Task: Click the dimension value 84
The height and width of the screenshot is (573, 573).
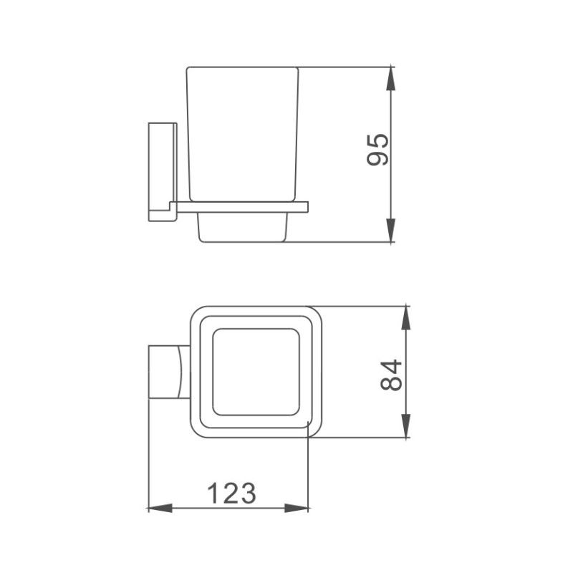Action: (393, 374)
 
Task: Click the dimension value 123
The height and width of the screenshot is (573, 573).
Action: (231, 492)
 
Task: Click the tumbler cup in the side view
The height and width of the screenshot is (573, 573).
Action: (241, 133)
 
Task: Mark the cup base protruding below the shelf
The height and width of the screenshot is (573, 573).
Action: (241, 228)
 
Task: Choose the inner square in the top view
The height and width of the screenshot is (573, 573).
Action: (256, 372)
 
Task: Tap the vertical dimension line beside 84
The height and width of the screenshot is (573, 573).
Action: (406, 344)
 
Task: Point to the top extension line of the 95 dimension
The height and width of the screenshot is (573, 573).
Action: (344, 67)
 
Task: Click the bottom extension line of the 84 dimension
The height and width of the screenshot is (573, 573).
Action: (358, 437)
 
